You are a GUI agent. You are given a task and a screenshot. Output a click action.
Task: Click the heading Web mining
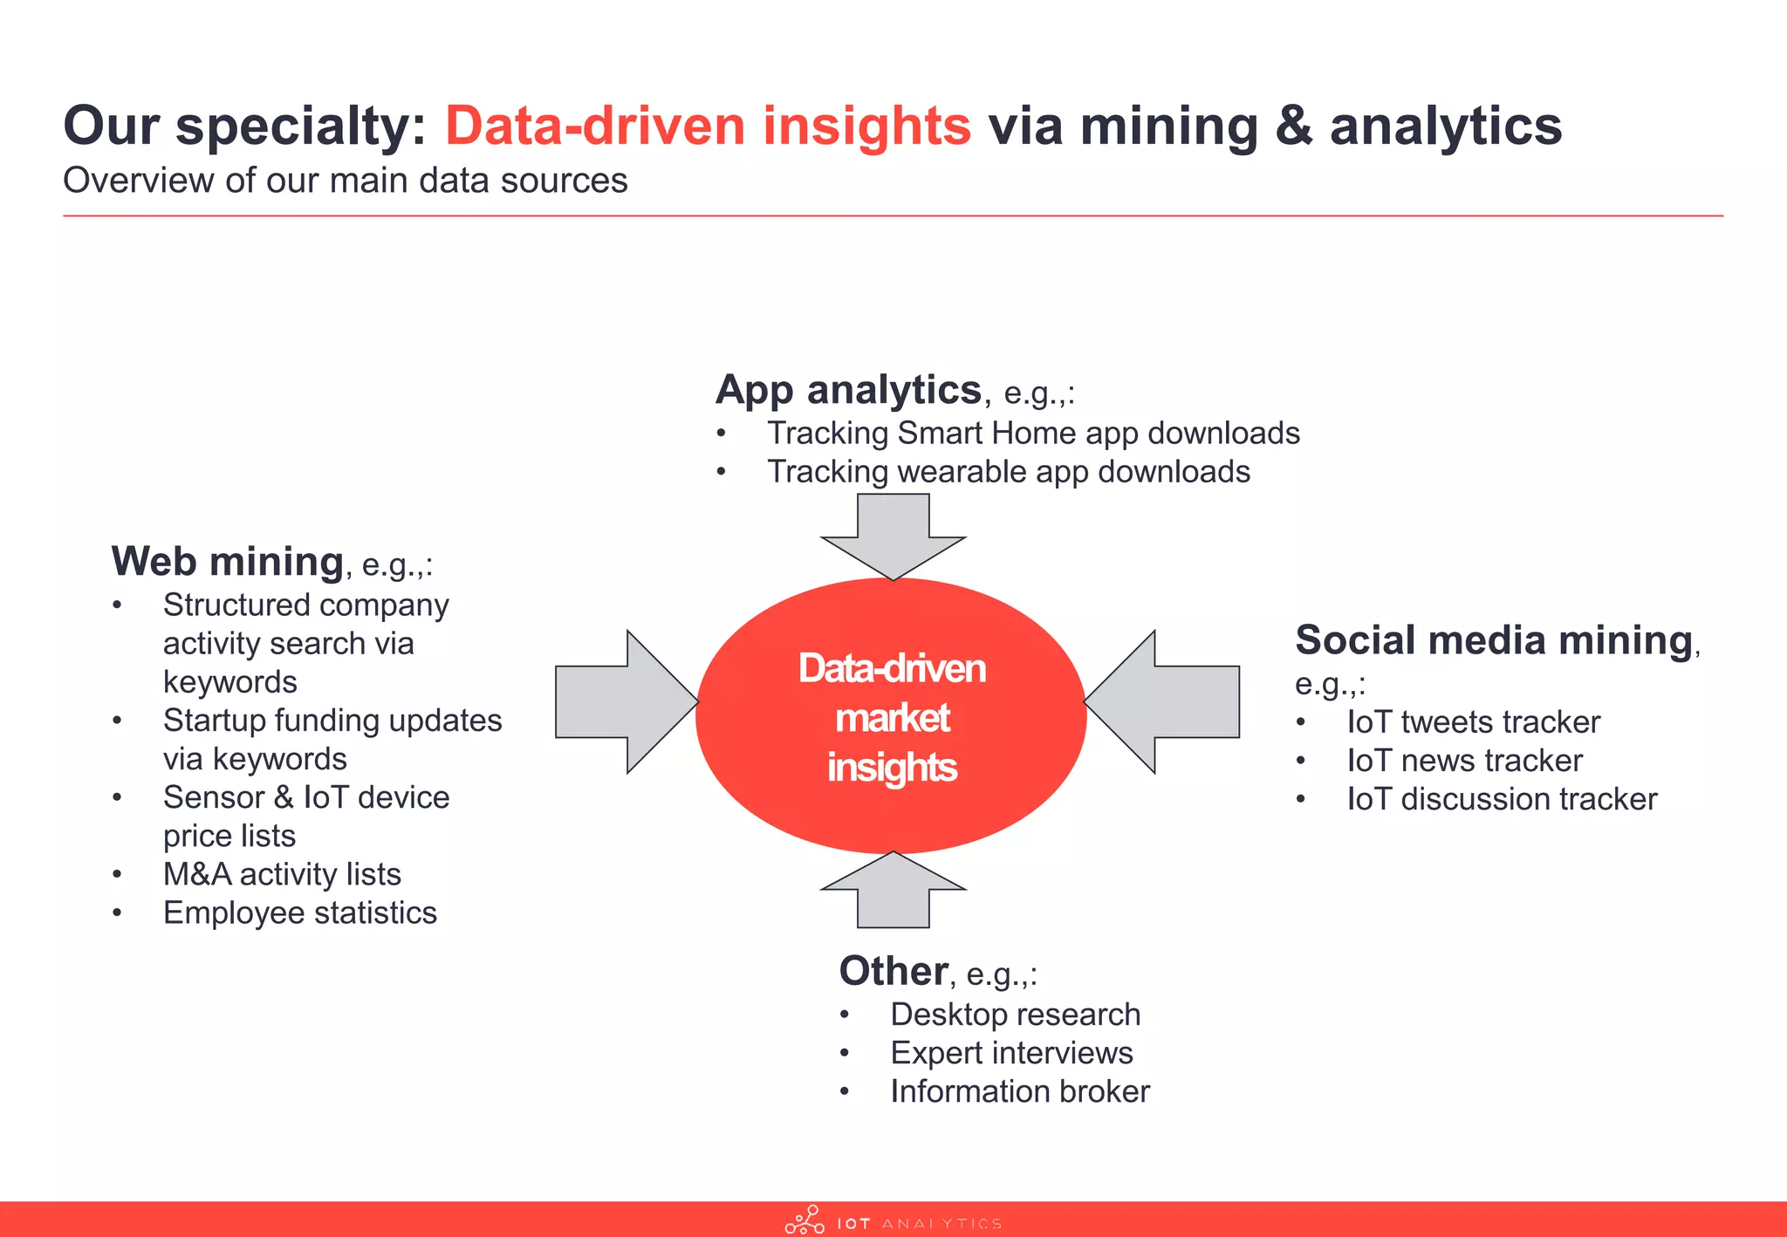(228, 561)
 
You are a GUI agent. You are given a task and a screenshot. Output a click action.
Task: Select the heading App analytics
(848, 389)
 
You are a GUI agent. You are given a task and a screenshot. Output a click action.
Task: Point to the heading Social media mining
(1494, 640)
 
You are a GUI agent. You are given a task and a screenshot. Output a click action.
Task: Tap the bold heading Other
(893, 971)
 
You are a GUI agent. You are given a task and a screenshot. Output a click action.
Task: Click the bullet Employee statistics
(299, 912)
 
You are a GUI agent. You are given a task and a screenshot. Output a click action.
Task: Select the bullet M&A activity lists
(282, 874)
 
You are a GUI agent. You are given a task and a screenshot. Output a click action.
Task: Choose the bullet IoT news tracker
(1464, 761)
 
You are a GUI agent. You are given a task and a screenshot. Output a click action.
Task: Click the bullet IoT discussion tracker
(1501, 799)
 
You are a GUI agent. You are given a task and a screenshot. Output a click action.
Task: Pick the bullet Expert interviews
(1011, 1053)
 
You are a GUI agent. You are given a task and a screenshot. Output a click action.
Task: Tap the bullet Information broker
(1020, 1091)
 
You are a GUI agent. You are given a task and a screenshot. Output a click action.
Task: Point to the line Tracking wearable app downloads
(1008, 472)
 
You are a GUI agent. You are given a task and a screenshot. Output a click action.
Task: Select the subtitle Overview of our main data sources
(345, 181)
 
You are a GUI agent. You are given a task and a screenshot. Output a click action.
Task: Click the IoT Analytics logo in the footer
(893, 1221)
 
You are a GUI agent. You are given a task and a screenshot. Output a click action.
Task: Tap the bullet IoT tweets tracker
(1473, 722)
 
